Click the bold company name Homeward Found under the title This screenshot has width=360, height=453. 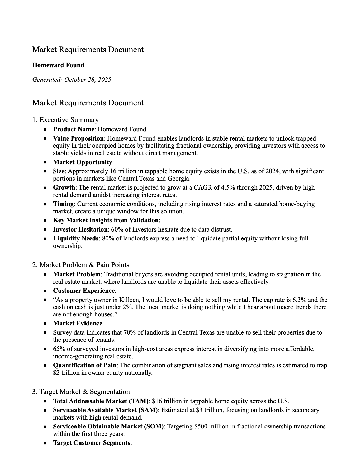[58, 65]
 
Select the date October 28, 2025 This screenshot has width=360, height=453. [87, 80]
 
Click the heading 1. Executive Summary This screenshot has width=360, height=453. [65, 120]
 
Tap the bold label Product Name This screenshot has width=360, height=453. [73, 129]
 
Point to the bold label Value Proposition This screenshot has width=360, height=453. [78, 138]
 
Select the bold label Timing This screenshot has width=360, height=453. [63, 204]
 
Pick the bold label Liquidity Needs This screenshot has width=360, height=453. [76, 238]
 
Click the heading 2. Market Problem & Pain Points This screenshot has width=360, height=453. [80, 265]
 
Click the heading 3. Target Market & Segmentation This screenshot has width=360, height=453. [81, 392]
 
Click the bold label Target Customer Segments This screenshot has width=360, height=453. [92, 443]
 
